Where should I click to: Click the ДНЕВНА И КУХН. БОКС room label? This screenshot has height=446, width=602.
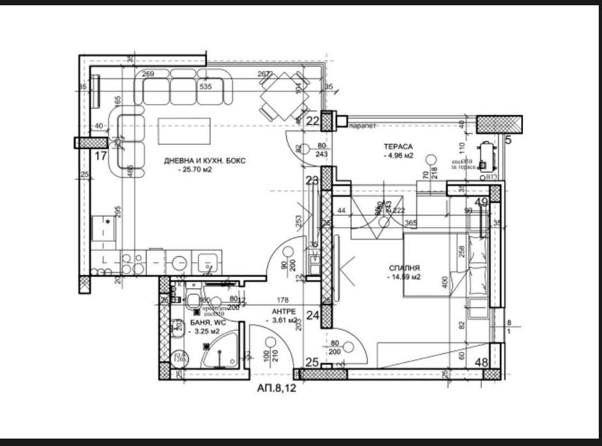[x=205, y=161]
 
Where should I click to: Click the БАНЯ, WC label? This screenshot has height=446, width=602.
[x=207, y=323]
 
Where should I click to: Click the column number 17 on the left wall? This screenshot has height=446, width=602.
[x=101, y=155]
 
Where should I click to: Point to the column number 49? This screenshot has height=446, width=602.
[x=481, y=202]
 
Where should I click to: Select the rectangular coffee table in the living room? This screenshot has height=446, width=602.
[x=184, y=131]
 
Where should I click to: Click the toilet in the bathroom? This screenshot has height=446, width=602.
[x=193, y=301]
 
